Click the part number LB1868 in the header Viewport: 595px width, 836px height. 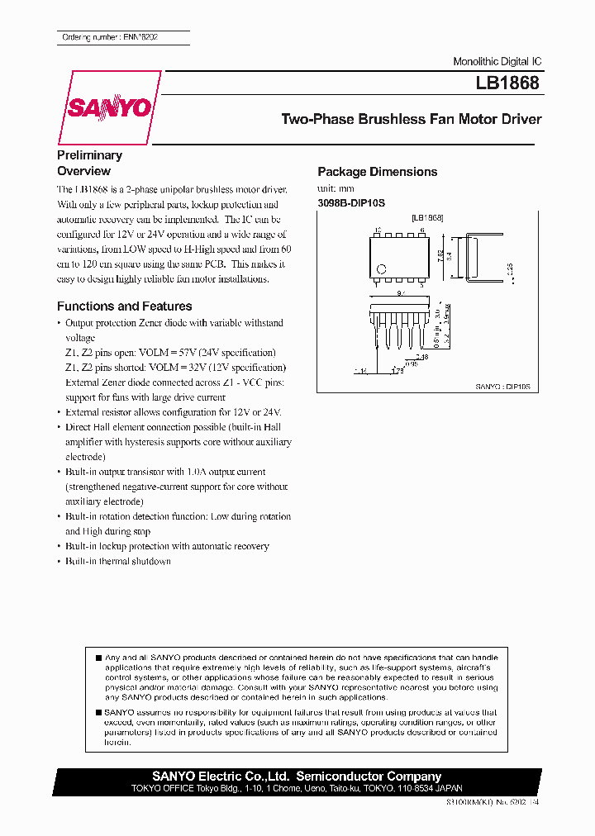pos(507,83)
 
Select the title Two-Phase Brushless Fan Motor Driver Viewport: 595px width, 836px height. pos(411,119)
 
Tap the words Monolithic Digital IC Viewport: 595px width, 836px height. pos(497,63)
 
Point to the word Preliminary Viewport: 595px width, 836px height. pos(89,155)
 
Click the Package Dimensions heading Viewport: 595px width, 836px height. pos(377,172)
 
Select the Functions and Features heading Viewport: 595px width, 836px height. pos(124,306)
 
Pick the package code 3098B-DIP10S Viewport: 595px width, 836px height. pos(351,202)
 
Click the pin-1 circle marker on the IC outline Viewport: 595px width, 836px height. pos(381,268)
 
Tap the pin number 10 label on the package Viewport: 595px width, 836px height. pos(377,230)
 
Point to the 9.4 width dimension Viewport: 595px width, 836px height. pos(400,292)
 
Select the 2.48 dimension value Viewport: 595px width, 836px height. pos(422,357)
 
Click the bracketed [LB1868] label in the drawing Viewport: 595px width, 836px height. pos(427,217)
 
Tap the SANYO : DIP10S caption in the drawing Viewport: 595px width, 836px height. pos(502,386)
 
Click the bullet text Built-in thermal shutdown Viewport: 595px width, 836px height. pos(117,562)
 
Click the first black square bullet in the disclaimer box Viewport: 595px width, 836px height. pos(99,658)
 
